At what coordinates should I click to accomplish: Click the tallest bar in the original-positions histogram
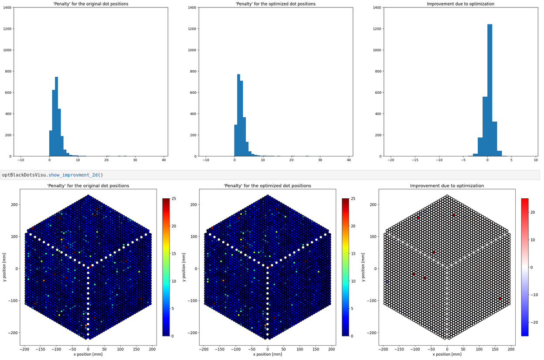pyautogui.click(x=56, y=118)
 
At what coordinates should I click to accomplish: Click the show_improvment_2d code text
pyautogui.click(x=52, y=175)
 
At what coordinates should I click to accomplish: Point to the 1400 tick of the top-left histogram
pyautogui.click(x=8, y=7)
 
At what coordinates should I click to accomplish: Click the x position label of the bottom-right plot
pyautogui.click(x=447, y=354)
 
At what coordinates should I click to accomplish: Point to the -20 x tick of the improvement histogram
pyautogui.click(x=391, y=160)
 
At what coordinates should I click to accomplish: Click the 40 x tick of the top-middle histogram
pyautogui.click(x=348, y=160)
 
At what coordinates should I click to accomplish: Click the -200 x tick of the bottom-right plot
pyautogui.click(x=383, y=349)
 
